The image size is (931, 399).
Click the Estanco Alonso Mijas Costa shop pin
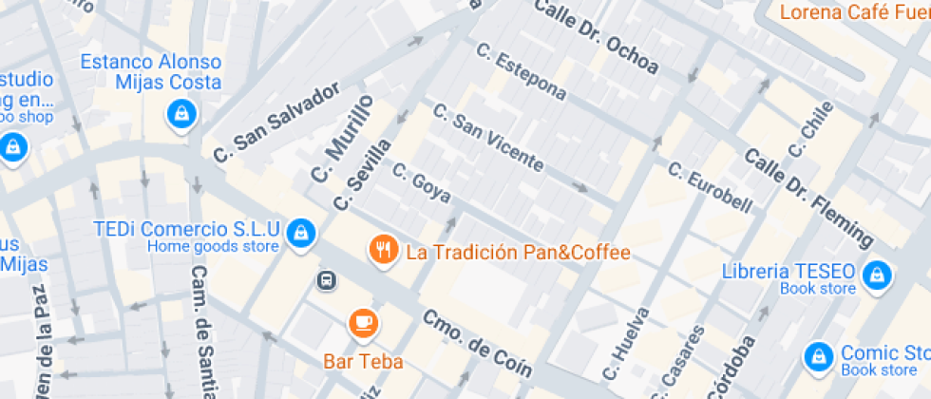click(179, 115)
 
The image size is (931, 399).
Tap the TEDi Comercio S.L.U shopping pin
click(301, 232)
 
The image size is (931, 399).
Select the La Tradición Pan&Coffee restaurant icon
click(383, 251)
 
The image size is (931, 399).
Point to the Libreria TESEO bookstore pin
click(877, 275)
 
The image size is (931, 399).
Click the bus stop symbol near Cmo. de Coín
click(326, 280)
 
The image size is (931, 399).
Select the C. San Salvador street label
click(276, 123)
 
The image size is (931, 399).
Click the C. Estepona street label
click(522, 72)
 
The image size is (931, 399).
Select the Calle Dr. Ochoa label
click(597, 37)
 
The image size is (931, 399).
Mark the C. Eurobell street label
click(710, 188)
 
